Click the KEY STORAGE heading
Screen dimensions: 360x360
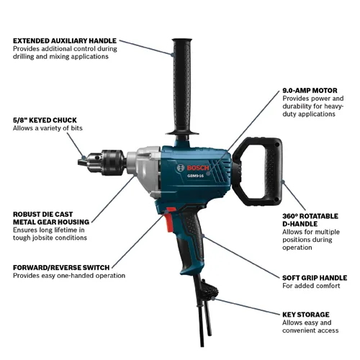tap(306, 315)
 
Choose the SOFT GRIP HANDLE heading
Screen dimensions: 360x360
tap(313, 277)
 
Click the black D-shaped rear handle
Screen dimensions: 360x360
tap(269, 173)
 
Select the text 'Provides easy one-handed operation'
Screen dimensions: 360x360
tap(69, 276)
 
